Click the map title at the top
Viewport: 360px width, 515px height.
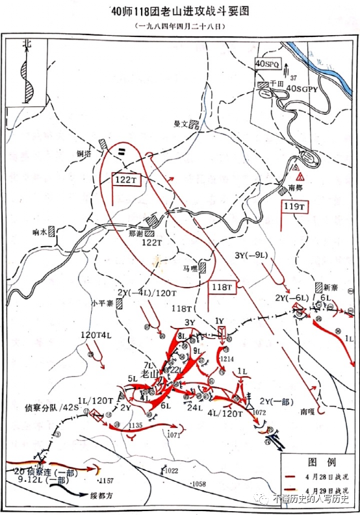click(x=180, y=12)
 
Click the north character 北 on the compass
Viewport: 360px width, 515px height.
click(x=27, y=44)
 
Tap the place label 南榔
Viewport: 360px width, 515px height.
click(x=296, y=188)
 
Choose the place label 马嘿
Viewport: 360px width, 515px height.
click(x=190, y=267)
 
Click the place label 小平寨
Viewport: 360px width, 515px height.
click(x=102, y=302)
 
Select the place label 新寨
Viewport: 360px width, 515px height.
click(x=331, y=286)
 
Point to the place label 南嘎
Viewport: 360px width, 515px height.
click(x=308, y=411)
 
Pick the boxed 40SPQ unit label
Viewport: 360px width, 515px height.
click(x=267, y=64)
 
